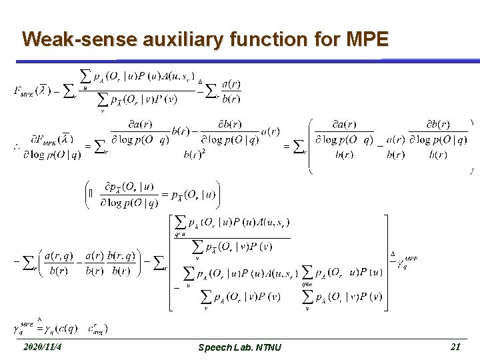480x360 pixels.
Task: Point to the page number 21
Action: point(456,347)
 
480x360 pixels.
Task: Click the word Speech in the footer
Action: point(214,347)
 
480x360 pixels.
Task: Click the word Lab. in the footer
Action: point(241,347)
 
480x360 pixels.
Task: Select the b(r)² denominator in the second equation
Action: point(194,155)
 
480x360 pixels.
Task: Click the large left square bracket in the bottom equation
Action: point(170,262)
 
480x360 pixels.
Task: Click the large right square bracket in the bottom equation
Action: point(385,262)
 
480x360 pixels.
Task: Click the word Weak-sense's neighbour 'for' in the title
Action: point(325,39)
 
